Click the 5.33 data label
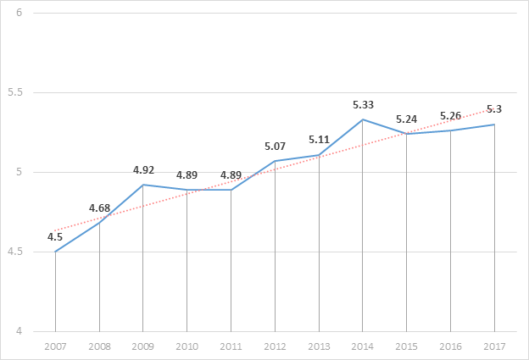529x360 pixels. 363,105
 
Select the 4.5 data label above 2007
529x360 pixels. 54,237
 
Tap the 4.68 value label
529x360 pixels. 99,208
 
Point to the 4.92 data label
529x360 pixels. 143,170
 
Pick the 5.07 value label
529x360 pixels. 275,147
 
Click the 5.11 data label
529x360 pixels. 319,140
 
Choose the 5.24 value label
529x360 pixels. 407,119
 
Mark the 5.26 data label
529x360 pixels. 450,116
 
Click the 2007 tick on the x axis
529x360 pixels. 55,346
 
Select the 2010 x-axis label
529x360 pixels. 187,346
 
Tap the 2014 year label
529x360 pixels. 362,346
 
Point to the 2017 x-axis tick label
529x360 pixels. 494,346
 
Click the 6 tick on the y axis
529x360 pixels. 19,13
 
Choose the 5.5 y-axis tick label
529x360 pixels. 15,92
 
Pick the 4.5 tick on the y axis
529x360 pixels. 15,252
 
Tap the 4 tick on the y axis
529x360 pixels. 19,331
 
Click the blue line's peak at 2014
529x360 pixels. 363,119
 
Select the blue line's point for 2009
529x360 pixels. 143,185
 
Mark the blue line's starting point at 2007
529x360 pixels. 55,252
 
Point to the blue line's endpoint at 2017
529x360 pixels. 494,125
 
